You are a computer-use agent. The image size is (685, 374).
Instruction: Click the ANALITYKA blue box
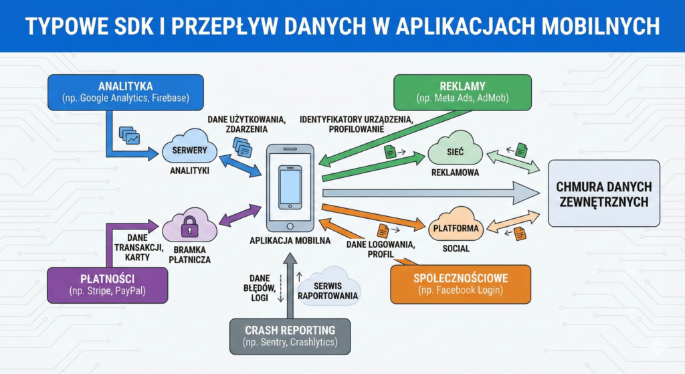click(x=125, y=92)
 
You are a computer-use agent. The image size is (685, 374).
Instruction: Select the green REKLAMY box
click(x=462, y=92)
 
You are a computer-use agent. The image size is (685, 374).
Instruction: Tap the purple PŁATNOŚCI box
click(x=107, y=284)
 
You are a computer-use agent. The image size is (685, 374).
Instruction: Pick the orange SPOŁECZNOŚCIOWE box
click(x=460, y=284)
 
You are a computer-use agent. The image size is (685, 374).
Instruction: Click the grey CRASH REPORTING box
click(x=289, y=336)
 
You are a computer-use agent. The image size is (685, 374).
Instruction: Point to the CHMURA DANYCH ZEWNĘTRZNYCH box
click(x=603, y=193)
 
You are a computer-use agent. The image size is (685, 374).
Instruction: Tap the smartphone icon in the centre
click(x=290, y=187)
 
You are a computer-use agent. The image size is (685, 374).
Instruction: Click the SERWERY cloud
click(x=189, y=151)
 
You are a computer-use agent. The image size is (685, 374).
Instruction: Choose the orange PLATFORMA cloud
click(x=456, y=227)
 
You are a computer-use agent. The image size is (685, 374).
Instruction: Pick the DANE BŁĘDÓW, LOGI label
click(x=259, y=288)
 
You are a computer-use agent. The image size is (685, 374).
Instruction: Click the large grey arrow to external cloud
click(x=428, y=192)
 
